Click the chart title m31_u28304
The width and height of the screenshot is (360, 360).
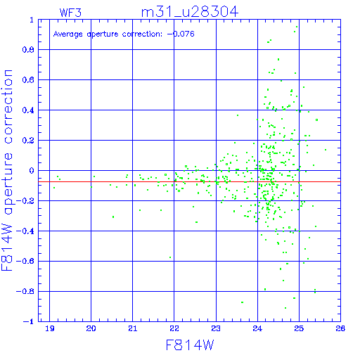190,12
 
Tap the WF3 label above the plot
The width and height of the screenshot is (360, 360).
70,13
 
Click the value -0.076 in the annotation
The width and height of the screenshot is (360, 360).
181,34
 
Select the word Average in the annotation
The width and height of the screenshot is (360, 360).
68,34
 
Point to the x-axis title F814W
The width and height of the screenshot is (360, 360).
190,345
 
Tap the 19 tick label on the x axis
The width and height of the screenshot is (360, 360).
50,328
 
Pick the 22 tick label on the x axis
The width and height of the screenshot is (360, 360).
174,328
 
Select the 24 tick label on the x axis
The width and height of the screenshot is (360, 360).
257,328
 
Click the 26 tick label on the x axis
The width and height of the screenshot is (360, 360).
340,328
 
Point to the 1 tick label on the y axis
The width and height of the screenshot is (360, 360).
32,20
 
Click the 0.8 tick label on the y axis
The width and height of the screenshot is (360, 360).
28,50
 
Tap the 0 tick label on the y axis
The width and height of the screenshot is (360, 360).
32,171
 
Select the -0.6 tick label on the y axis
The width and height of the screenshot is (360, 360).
25,261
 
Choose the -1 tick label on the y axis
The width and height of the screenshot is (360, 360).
29,321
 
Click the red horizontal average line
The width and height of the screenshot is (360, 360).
189,181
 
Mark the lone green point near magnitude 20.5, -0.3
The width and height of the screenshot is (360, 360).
113,217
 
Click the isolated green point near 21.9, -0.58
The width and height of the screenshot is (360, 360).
170,257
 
